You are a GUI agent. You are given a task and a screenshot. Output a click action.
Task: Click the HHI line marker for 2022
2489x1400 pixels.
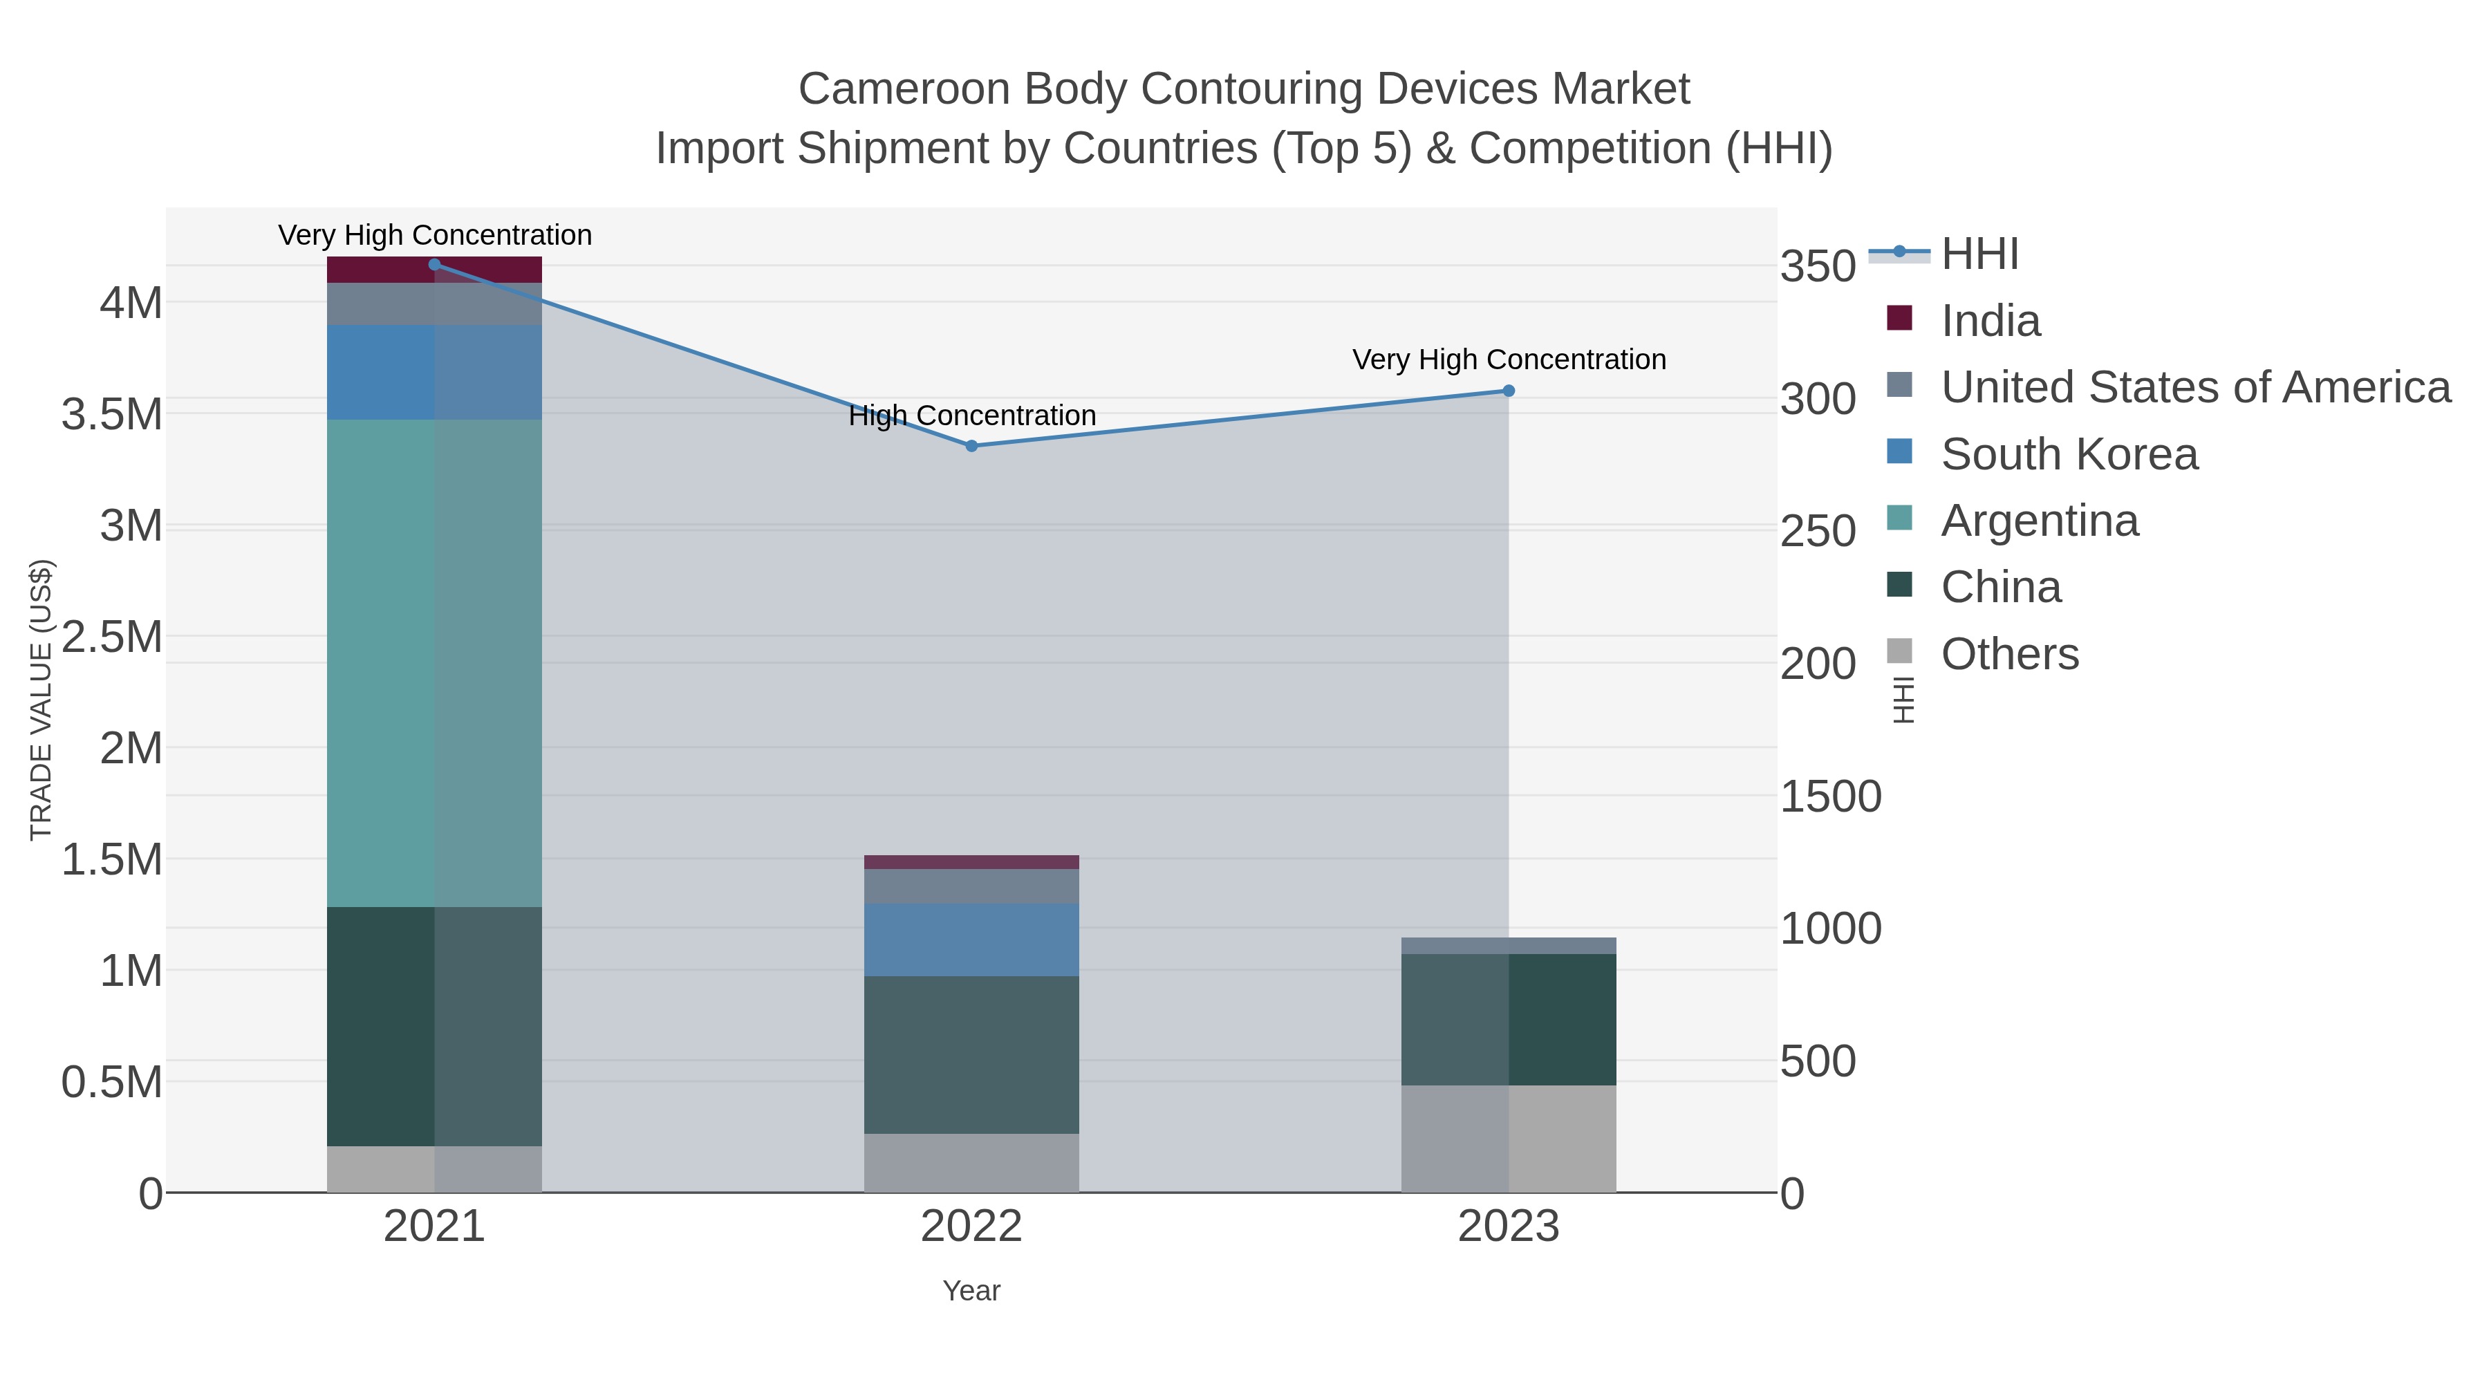click(x=971, y=445)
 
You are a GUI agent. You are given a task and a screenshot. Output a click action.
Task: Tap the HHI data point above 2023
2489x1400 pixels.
click(x=1509, y=391)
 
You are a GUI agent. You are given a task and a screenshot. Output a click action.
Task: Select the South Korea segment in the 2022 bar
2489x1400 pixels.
click(x=971, y=939)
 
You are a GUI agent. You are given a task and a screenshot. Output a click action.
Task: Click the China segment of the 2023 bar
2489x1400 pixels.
click(x=1509, y=1019)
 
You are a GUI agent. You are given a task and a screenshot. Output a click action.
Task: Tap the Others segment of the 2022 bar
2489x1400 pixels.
click(x=971, y=1162)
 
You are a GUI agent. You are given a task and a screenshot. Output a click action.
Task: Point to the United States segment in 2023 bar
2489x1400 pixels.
click(x=1509, y=945)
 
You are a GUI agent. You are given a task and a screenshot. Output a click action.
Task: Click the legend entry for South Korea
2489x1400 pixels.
click(x=2069, y=454)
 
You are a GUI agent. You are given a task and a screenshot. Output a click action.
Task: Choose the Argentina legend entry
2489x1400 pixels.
click(x=2039, y=521)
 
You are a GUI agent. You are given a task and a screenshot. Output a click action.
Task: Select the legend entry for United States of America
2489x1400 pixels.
click(x=2194, y=387)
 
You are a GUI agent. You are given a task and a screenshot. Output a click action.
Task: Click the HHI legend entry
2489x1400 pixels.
click(x=1979, y=254)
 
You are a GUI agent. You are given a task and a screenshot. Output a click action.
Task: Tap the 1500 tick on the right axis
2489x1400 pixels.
click(x=1830, y=797)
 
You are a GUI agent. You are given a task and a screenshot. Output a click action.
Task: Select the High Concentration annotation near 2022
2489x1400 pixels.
click(x=971, y=416)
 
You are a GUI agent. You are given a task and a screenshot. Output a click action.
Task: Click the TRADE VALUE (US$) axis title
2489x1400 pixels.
click(x=41, y=700)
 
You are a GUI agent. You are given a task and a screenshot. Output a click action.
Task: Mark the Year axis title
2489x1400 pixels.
click(x=971, y=1291)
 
